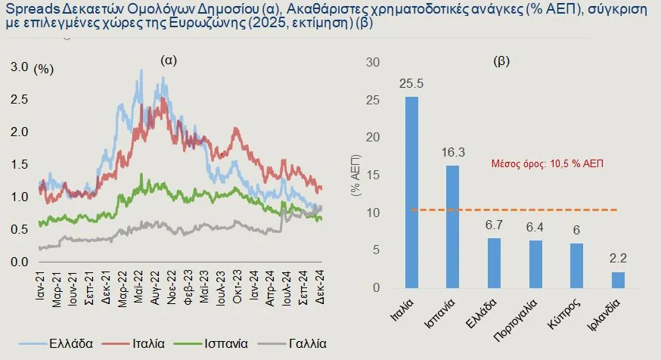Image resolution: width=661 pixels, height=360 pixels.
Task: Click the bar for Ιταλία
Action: pos(411,192)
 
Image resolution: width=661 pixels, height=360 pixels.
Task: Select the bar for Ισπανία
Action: pos(452,226)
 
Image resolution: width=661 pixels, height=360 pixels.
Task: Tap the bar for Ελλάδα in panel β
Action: pos(494,262)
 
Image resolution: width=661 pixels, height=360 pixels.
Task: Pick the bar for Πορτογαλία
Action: pos(535,264)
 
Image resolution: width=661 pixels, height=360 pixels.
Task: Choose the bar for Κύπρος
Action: pos(576,265)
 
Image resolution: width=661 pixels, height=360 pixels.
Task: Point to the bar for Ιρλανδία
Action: pos(618,280)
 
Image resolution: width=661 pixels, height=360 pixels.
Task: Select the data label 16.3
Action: pos(452,154)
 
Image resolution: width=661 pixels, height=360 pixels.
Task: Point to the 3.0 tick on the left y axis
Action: pos(19,67)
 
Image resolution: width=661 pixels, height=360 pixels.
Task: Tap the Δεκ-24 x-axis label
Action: pos(318,286)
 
